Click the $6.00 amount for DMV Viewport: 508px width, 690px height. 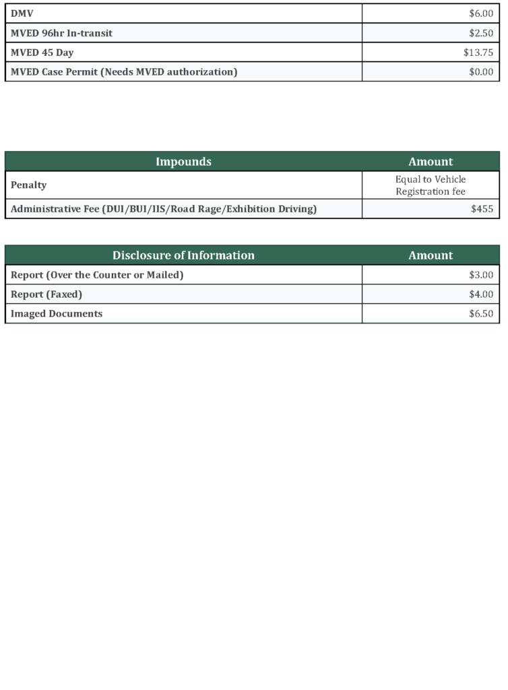pos(481,13)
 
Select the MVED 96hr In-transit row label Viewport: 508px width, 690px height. pos(61,33)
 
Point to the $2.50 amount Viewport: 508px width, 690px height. pos(481,33)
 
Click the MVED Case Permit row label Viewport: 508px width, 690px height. pos(124,72)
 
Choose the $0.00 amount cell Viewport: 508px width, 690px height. pos(481,72)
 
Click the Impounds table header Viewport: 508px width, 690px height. pos(183,162)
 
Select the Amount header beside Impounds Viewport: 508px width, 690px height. pos(431,162)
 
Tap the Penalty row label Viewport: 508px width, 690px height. pos(29,185)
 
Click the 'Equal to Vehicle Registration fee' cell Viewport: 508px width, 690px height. pos(431,185)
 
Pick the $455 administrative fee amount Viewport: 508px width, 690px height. pos(482,209)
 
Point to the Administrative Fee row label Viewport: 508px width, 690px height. pos(164,209)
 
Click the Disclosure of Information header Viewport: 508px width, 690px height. pos(183,255)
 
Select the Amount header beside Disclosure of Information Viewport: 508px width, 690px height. pos(431,255)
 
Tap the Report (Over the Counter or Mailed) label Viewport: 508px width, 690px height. pos(97,275)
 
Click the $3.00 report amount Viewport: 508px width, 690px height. pos(481,275)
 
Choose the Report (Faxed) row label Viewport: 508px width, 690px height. pos(46,294)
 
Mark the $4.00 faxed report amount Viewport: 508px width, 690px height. pos(481,294)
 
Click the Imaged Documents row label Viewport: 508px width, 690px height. pos(57,314)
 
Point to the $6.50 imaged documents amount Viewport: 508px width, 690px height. pos(481,314)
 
